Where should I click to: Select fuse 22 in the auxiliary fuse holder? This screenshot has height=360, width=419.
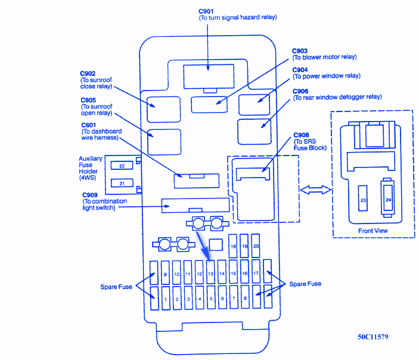[x=122, y=165]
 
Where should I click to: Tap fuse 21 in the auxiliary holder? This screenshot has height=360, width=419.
[x=122, y=183]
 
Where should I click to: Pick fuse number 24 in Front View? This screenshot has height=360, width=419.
[x=388, y=200]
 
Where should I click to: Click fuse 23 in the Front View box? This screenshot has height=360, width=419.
[x=363, y=200]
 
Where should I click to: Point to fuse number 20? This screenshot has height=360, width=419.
[x=256, y=246]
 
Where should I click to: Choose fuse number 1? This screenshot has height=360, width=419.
[x=165, y=298]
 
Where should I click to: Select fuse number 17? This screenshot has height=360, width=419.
[x=256, y=273]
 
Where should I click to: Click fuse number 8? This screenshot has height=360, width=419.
[x=245, y=298]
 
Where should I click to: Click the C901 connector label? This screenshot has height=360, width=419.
[x=206, y=11]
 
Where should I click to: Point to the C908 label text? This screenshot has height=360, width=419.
[x=301, y=135]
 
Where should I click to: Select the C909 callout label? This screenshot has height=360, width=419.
[x=90, y=195]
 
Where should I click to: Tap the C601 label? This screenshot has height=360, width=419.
[x=88, y=125]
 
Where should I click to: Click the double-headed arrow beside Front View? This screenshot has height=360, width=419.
[x=315, y=190]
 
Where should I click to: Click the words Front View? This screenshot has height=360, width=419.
[x=373, y=231]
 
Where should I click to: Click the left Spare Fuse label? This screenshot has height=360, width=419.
[x=116, y=287]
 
